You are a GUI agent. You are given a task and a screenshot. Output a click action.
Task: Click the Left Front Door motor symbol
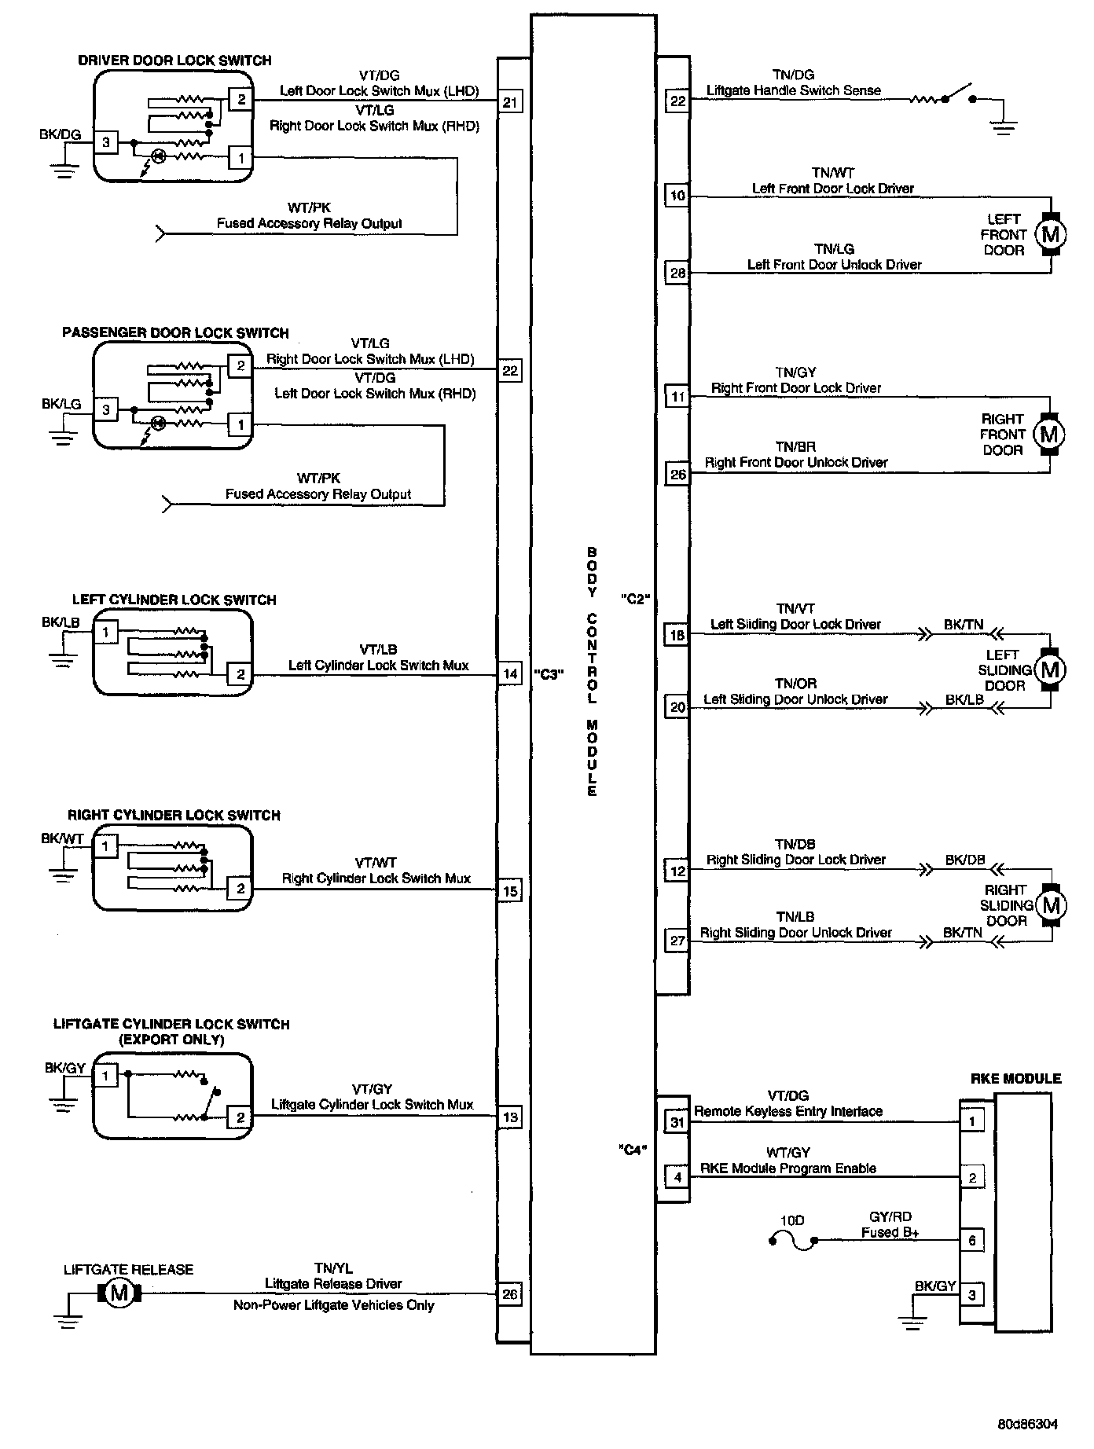[x=1050, y=234]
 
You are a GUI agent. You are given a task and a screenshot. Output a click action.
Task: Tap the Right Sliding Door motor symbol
[x=1050, y=905]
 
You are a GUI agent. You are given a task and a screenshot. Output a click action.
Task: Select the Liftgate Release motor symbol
[x=119, y=1293]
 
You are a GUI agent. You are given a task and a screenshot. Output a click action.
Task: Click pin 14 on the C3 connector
[x=510, y=673]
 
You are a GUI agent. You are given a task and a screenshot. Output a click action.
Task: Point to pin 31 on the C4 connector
[x=677, y=1122]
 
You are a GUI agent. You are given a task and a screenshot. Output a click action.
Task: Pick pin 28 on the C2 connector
[x=677, y=273]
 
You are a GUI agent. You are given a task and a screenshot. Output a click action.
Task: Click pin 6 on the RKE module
[x=972, y=1241]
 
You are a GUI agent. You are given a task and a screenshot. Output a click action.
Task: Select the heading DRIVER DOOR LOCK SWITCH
[x=174, y=61]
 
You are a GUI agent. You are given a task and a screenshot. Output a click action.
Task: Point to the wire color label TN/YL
[x=332, y=1267]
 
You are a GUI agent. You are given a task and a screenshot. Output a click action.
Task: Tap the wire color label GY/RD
[x=890, y=1217]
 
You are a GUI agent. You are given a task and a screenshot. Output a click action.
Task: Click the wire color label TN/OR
[x=795, y=684]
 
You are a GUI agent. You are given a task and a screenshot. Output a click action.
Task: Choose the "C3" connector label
[x=549, y=673]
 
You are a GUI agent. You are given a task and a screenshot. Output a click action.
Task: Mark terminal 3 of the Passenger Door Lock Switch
[x=106, y=410]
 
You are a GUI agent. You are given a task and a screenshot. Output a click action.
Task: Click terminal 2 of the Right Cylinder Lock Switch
[x=240, y=889]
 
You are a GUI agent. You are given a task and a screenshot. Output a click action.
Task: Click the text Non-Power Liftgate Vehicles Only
[x=333, y=1305]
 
